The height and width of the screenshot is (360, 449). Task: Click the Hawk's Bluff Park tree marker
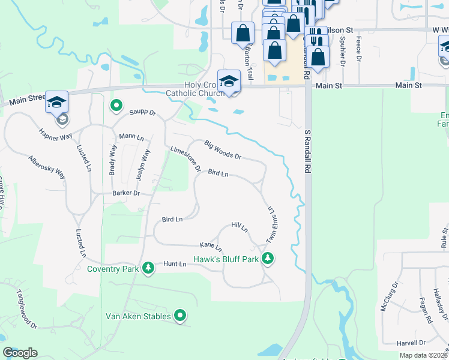click(x=268, y=259)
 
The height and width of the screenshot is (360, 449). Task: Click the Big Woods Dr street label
click(x=223, y=150)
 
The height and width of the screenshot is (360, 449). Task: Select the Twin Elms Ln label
click(x=270, y=225)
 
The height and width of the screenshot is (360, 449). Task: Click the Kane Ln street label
click(x=211, y=246)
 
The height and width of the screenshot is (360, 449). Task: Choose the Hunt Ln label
click(x=175, y=263)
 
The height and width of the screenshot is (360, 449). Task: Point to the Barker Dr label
click(x=125, y=193)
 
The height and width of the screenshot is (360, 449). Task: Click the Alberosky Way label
click(x=47, y=166)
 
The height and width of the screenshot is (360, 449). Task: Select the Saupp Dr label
click(x=142, y=112)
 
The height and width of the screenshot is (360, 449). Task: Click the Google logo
click(x=20, y=353)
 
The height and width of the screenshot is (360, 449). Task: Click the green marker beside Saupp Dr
click(x=116, y=106)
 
